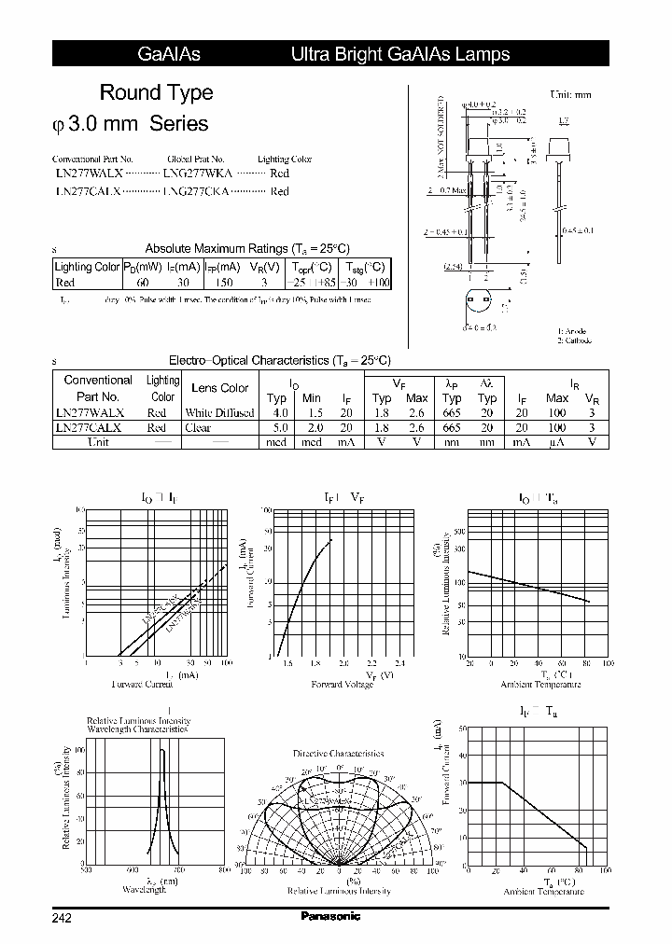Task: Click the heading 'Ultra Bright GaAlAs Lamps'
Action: pos(400,54)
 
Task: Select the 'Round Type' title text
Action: pos(156,92)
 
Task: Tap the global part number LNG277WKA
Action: pos(197,174)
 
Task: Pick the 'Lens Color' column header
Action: pos(219,388)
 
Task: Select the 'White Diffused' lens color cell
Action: pos(219,412)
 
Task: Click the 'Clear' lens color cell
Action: pos(198,427)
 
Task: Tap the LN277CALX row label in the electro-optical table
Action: pos(89,427)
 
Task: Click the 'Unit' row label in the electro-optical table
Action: pos(97,442)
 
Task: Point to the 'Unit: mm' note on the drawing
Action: pos(570,95)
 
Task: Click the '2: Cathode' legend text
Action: pos(575,340)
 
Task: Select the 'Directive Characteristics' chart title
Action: pos(338,753)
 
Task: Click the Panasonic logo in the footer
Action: pos(330,916)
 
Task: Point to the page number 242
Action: pos(62,918)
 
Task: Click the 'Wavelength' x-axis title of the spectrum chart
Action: pos(145,890)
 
